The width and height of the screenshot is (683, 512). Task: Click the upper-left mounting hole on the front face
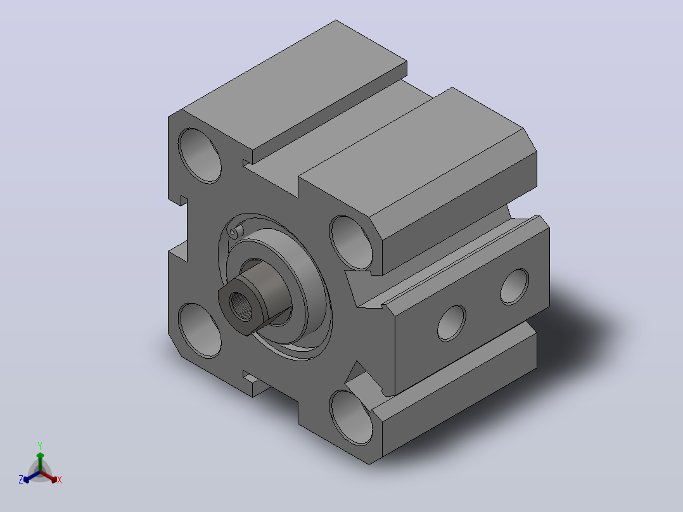[x=200, y=155]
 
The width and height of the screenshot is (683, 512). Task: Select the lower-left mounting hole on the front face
[x=200, y=330]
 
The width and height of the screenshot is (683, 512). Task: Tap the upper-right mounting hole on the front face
[x=351, y=243]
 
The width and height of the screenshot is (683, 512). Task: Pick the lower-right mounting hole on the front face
[x=351, y=418]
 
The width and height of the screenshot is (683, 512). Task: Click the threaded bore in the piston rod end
[x=241, y=306]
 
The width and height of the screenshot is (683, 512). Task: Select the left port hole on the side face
[x=451, y=323]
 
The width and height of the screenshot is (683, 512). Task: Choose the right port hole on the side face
[x=514, y=286]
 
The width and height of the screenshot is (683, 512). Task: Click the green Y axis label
[x=40, y=445]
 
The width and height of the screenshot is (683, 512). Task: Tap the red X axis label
[x=60, y=480]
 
